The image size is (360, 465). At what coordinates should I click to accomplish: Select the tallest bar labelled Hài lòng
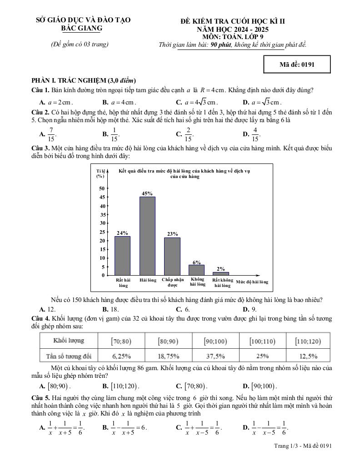147,236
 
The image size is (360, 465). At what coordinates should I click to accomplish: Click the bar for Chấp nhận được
172,256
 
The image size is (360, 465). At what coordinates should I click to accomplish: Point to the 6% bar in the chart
197,270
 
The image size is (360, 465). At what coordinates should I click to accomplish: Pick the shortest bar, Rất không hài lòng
221,273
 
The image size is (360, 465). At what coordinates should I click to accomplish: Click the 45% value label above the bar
147,193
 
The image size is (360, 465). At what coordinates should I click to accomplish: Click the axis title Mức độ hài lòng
252,282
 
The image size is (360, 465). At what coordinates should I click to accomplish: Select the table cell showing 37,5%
215,356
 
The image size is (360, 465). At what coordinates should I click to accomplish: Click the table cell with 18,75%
168,356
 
